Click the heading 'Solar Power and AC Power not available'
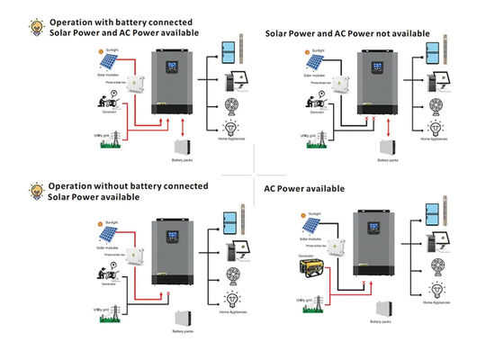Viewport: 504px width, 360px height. coord(346,33)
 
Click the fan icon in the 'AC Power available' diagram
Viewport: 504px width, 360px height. coord(438,266)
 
